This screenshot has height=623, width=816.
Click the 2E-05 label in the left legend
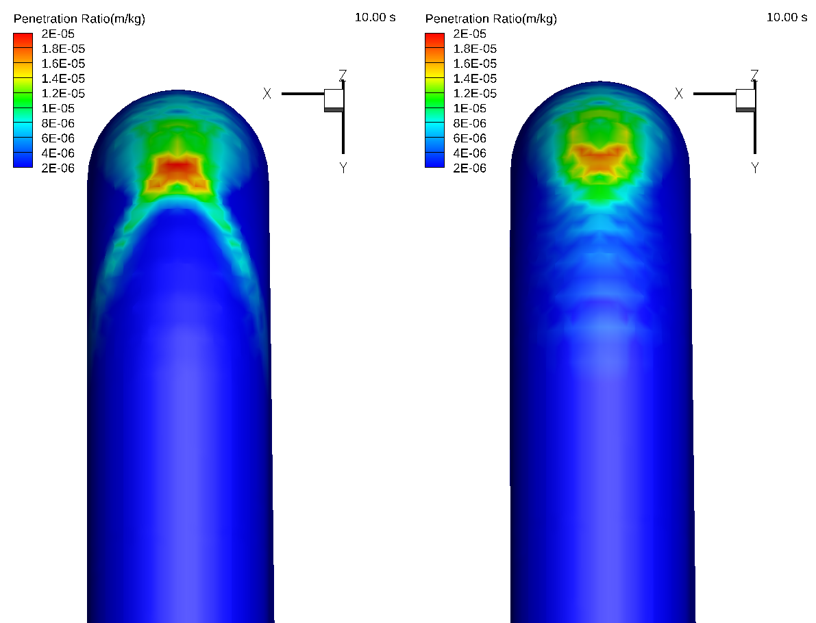(x=58, y=34)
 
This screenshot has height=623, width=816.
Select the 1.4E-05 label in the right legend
(x=475, y=79)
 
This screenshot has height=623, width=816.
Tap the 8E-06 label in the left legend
(x=58, y=123)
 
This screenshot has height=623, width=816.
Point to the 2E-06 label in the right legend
(x=469, y=168)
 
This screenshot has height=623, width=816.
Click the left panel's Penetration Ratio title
(x=79, y=18)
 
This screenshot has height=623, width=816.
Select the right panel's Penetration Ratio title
(x=491, y=18)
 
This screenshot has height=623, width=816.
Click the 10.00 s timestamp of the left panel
(x=375, y=17)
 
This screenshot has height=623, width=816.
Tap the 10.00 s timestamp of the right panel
(x=787, y=17)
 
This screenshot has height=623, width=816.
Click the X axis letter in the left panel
(x=267, y=94)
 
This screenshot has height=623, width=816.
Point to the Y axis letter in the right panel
(x=754, y=168)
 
